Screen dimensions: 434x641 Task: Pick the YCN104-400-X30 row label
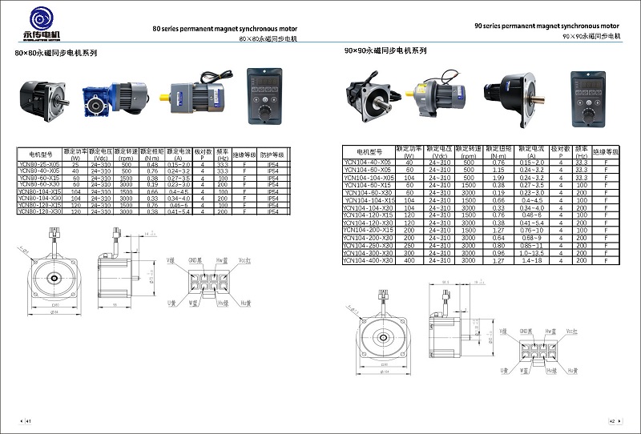pos(369,261)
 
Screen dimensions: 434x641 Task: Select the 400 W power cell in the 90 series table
pos(409,261)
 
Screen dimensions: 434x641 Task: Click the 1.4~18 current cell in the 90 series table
pos(531,261)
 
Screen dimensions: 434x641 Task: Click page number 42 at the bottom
pos(612,420)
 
